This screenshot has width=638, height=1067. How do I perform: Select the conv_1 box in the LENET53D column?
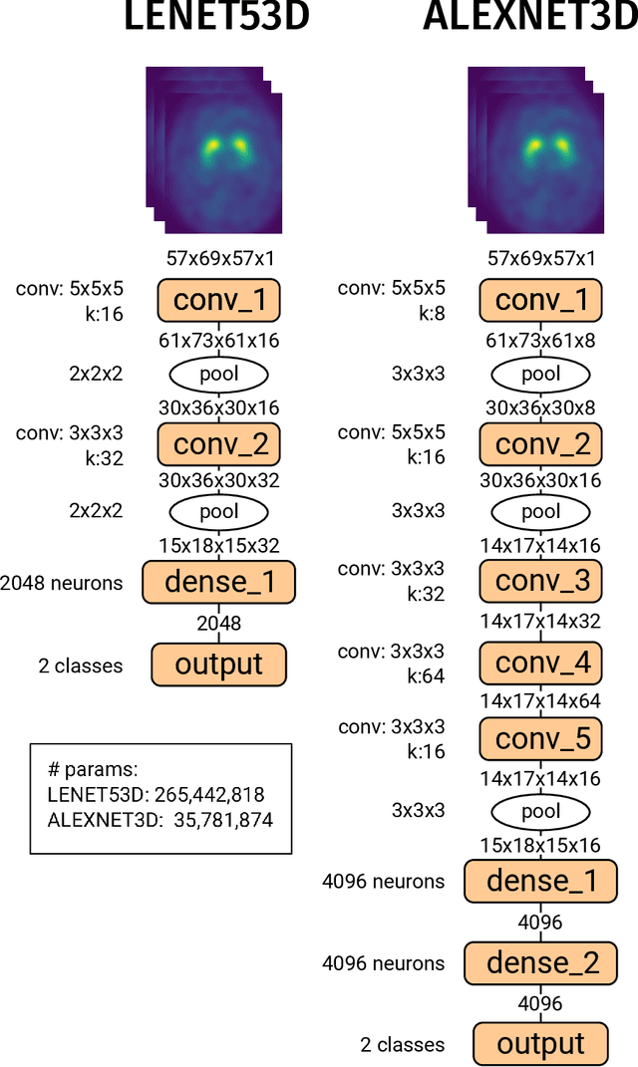pyautogui.click(x=218, y=300)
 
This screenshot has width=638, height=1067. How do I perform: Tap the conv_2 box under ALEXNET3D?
pyautogui.click(x=541, y=442)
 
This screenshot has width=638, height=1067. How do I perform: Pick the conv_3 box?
pyautogui.click(x=541, y=580)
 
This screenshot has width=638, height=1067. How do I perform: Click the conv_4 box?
pyautogui.click(x=541, y=662)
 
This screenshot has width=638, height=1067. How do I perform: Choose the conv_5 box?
pyautogui.click(x=541, y=738)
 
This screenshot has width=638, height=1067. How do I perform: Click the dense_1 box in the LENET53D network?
pyautogui.click(x=218, y=580)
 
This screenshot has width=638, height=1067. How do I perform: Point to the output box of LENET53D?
pyautogui.click(x=218, y=665)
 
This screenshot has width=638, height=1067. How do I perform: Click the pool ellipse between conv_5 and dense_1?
pyautogui.click(x=541, y=812)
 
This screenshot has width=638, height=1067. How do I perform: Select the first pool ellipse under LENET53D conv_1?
pyautogui.click(x=218, y=374)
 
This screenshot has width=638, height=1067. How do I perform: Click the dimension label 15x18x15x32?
pyautogui.click(x=218, y=545)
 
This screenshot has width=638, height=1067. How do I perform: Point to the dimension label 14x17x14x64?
pyautogui.click(x=541, y=701)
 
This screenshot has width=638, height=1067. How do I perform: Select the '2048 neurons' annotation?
pyautogui.click(x=62, y=583)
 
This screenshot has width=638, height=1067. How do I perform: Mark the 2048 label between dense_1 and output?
pyautogui.click(x=218, y=624)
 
